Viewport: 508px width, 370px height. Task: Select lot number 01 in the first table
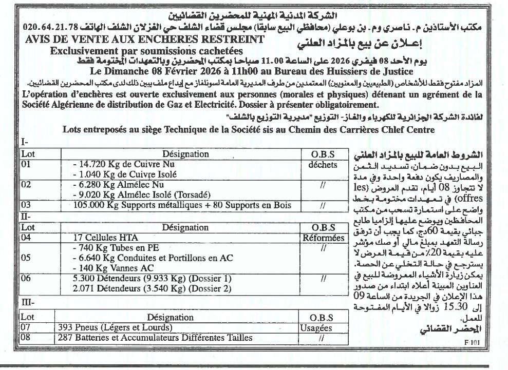tap(26, 165)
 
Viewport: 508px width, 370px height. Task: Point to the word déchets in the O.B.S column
tap(323, 165)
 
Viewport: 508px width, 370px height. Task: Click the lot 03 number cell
tap(26, 205)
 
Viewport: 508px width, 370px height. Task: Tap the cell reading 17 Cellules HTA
tap(103, 238)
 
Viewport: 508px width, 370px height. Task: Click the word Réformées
tap(324, 238)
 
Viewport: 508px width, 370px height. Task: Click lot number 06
tap(26, 278)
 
